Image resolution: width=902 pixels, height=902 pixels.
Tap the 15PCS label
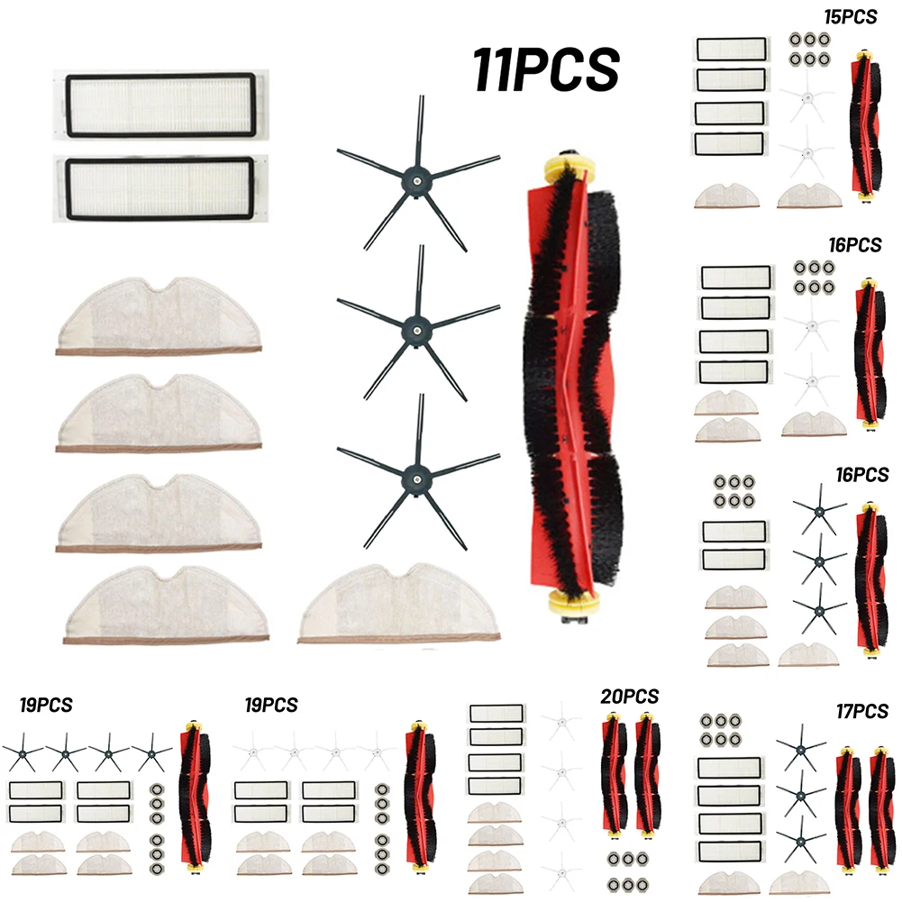coord(851,16)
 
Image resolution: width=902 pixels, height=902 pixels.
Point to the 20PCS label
coord(630,696)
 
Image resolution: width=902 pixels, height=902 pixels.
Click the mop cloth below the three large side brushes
coord(399,603)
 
